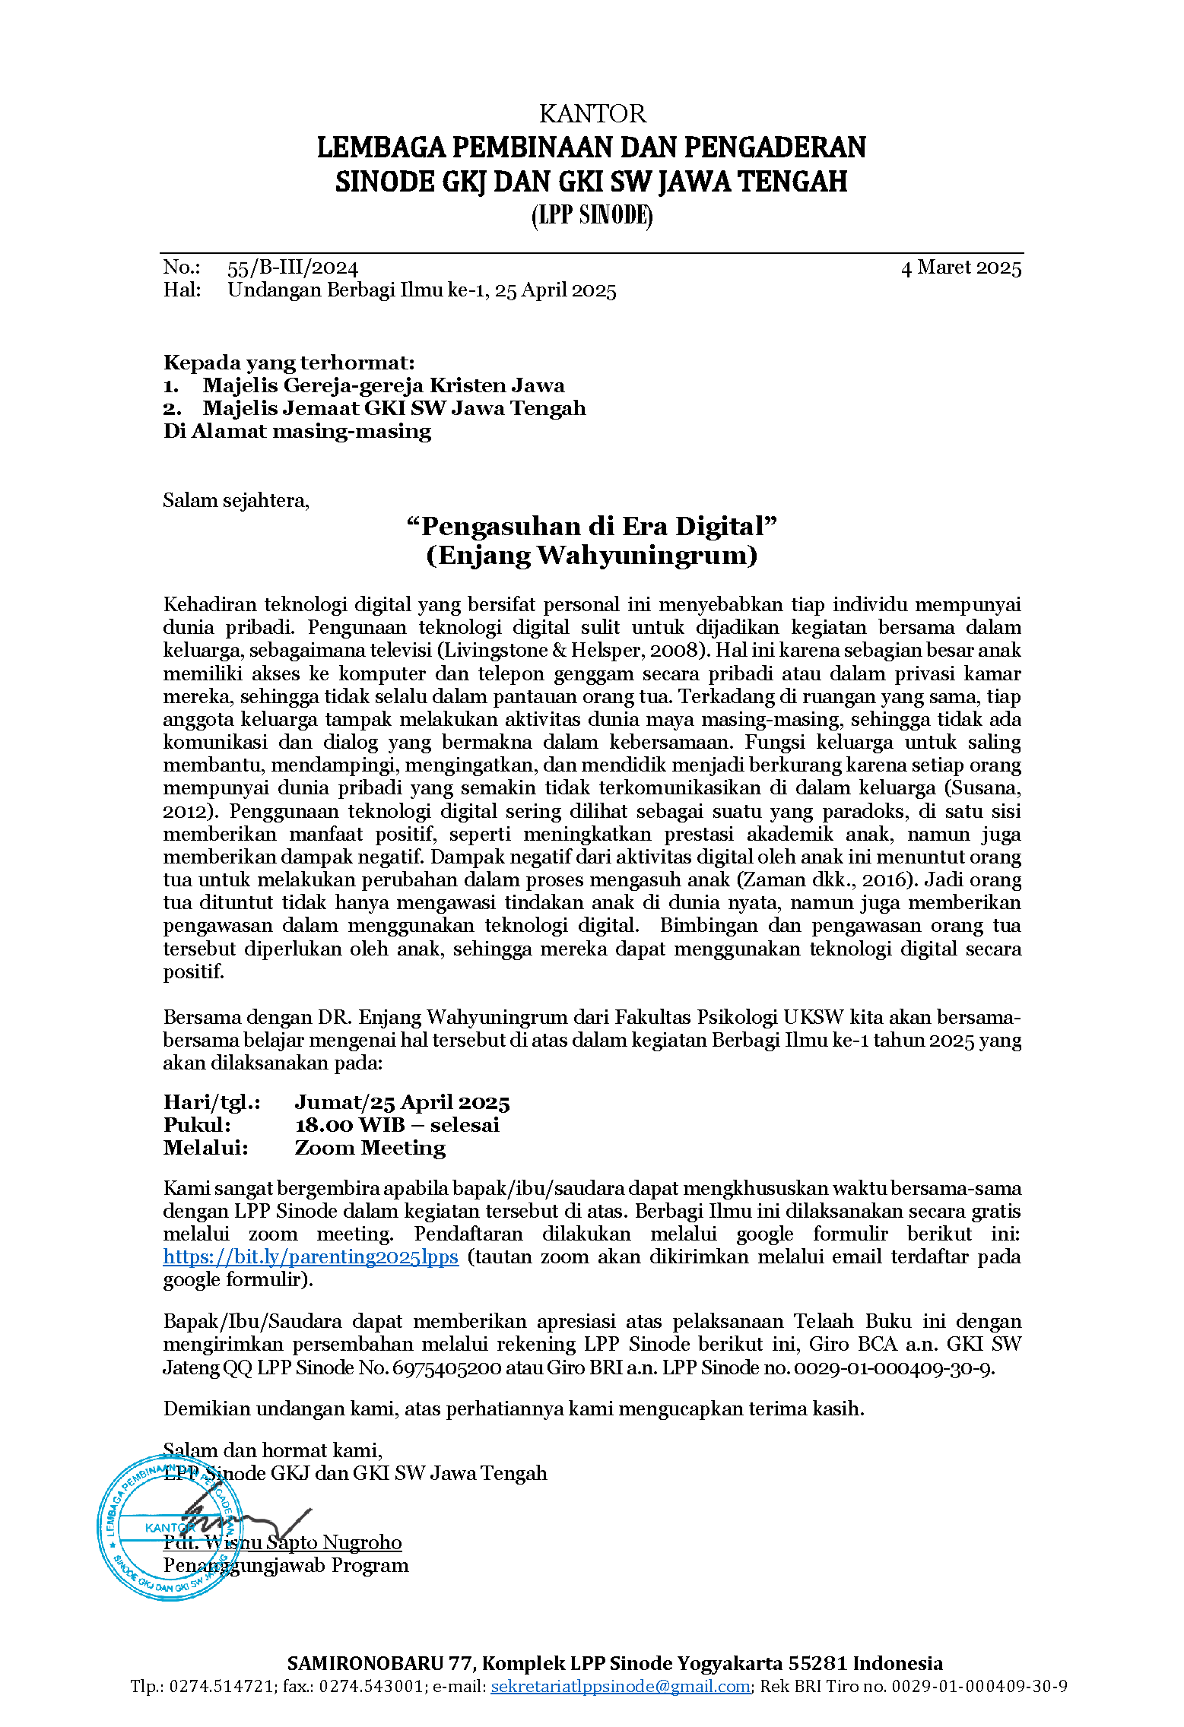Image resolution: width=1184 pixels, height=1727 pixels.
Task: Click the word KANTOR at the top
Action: click(x=592, y=114)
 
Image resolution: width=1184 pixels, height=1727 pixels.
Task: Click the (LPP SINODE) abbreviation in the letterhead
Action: click(x=592, y=216)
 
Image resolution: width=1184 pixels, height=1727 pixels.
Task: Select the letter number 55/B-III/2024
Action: click(x=292, y=268)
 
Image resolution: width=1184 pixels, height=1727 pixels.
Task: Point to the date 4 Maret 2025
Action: click(x=960, y=268)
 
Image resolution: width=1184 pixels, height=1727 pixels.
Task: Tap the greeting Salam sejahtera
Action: click(x=236, y=500)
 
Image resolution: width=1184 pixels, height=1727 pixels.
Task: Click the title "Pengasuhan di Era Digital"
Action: click(x=592, y=526)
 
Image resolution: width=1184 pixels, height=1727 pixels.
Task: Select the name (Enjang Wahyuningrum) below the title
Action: click(x=592, y=556)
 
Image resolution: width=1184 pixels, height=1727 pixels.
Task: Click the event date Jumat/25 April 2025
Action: click(x=402, y=1102)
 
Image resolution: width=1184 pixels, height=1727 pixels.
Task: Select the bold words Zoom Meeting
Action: click(x=370, y=1148)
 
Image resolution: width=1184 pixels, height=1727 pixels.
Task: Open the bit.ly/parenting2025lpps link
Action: click(x=310, y=1257)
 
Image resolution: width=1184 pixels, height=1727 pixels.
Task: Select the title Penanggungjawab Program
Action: click(x=286, y=1565)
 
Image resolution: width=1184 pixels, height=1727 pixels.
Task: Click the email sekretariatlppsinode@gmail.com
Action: click(x=621, y=1686)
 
